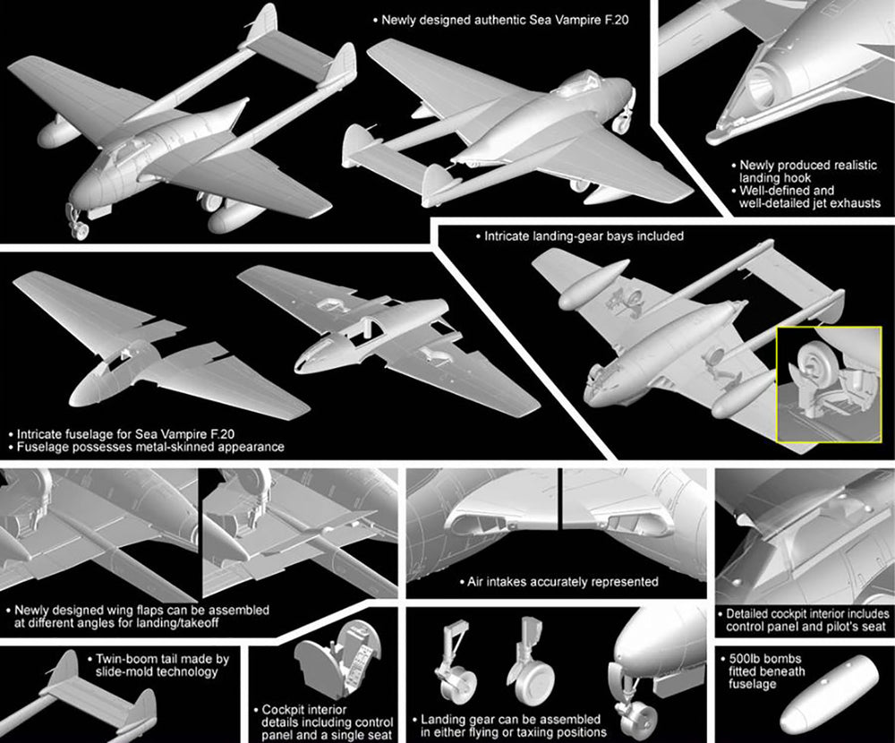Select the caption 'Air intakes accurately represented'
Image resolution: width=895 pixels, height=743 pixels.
[562, 582]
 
